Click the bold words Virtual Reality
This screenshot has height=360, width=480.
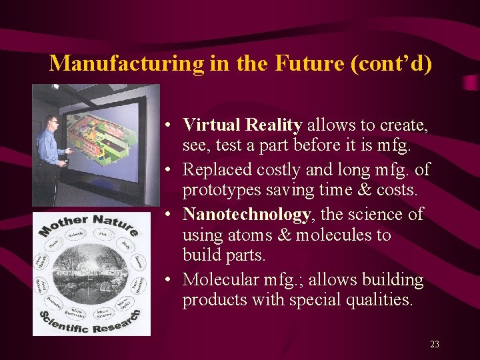[x=243, y=125]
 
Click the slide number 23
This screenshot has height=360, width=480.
[x=435, y=344]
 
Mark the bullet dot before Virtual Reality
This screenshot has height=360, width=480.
[x=171, y=125]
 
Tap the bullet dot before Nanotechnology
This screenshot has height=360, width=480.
[x=171, y=215]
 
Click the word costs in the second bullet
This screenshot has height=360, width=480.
[x=397, y=190]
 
